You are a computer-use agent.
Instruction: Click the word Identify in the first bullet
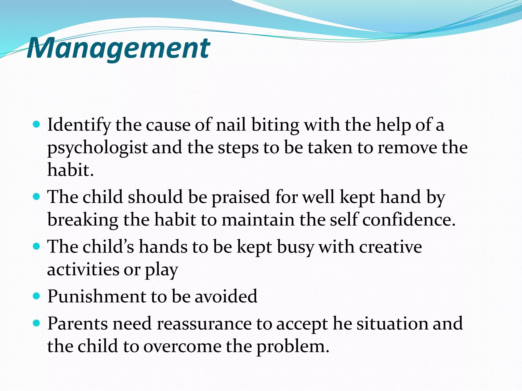(x=79, y=125)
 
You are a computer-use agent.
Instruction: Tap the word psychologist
(x=97, y=148)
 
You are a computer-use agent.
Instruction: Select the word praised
(x=241, y=197)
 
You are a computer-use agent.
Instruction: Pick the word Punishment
(x=97, y=296)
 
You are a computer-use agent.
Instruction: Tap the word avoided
(x=226, y=296)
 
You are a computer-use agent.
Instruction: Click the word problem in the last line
(x=292, y=347)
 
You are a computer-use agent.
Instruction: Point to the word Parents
(x=77, y=324)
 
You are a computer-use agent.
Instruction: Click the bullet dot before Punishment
(x=37, y=296)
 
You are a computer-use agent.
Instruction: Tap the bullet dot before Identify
(x=37, y=124)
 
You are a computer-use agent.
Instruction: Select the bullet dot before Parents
(x=37, y=323)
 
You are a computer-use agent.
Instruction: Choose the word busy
(x=295, y=247)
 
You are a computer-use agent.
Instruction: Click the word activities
(x=83, y=269)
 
